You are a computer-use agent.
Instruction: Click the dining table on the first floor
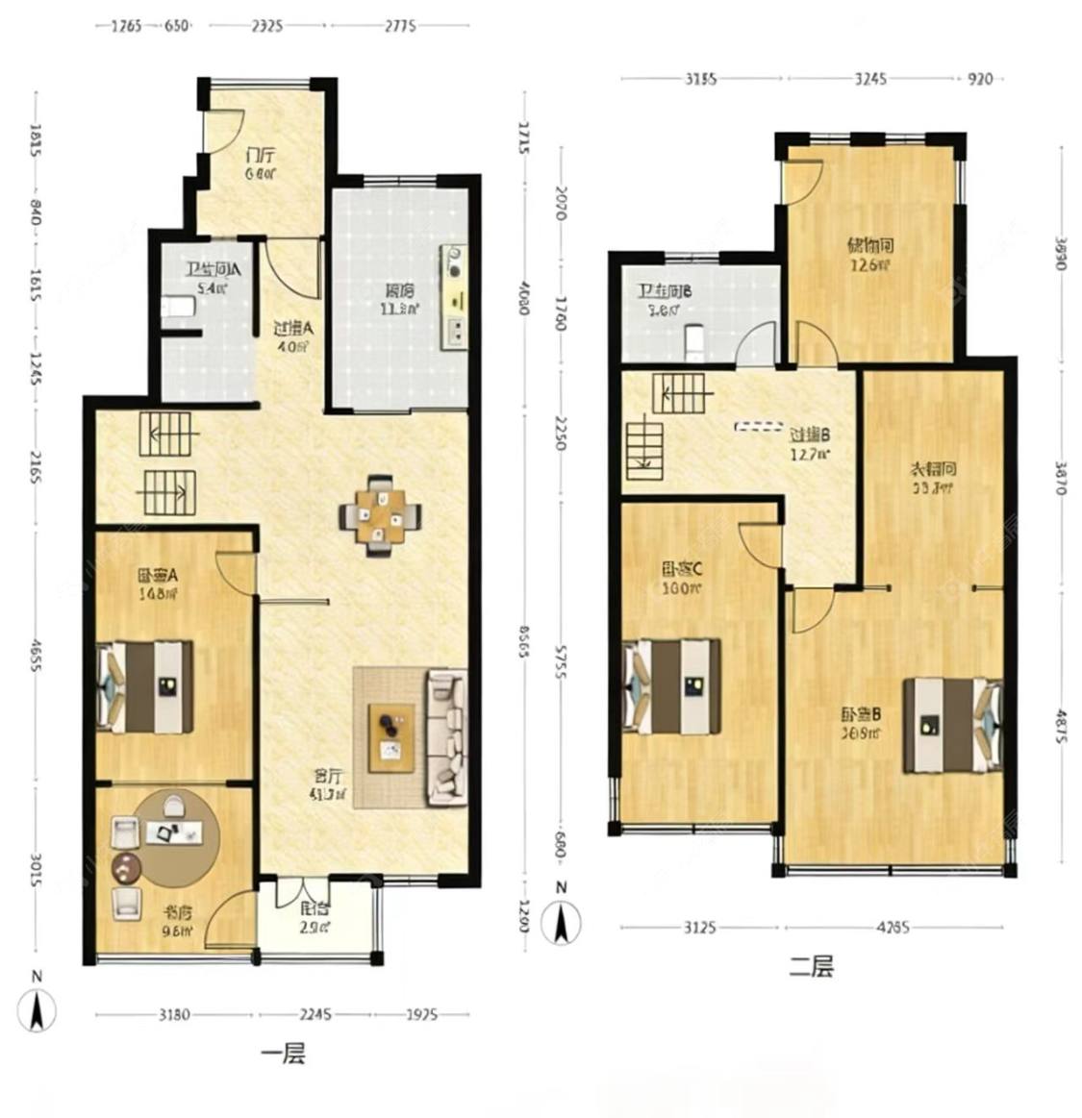click(x=381, y=516)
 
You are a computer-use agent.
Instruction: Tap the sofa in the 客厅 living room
click(x=445, y=738)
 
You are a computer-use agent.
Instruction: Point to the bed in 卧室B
click(x=952, y=726)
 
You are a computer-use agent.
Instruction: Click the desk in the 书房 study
click(x=175, y=833)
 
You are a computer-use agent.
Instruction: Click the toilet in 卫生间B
click(x=693, y=340)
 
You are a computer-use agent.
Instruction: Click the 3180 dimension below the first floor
click(x=174, y=1013)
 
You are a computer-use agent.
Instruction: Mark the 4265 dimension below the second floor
click(x=892, y=928)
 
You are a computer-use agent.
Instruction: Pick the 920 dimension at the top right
click(x=978, y=79)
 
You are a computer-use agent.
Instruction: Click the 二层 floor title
click(x=811, y=966)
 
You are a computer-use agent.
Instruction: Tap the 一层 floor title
click(x=283, y=1054)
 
